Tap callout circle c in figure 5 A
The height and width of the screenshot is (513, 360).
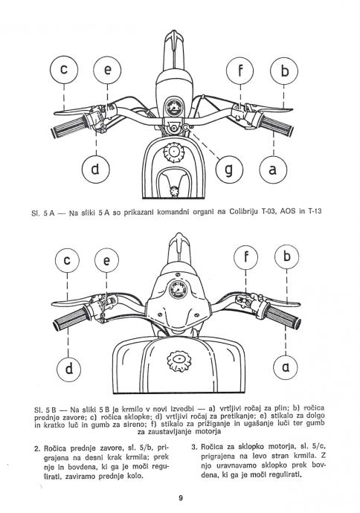point(64,70)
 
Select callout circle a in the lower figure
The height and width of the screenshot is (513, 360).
point(286,367)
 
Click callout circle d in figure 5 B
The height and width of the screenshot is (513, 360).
point(68,369)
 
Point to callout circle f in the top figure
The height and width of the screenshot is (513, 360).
point(240,71)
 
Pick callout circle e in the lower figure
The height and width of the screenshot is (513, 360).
point(106,261)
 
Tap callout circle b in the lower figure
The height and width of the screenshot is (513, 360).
point(286,256)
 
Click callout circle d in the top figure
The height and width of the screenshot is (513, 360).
point(95,170)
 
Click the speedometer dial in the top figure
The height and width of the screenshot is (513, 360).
point(173,107)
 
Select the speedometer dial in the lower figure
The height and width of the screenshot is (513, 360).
point(179,289)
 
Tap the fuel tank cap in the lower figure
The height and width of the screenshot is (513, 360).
point(179,361)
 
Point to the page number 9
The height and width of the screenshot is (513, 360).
point(181,498)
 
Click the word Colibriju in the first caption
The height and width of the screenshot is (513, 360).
point(244,212)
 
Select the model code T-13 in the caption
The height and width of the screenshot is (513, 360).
point(314,211)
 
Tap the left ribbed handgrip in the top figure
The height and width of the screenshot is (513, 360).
point(70,126)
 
